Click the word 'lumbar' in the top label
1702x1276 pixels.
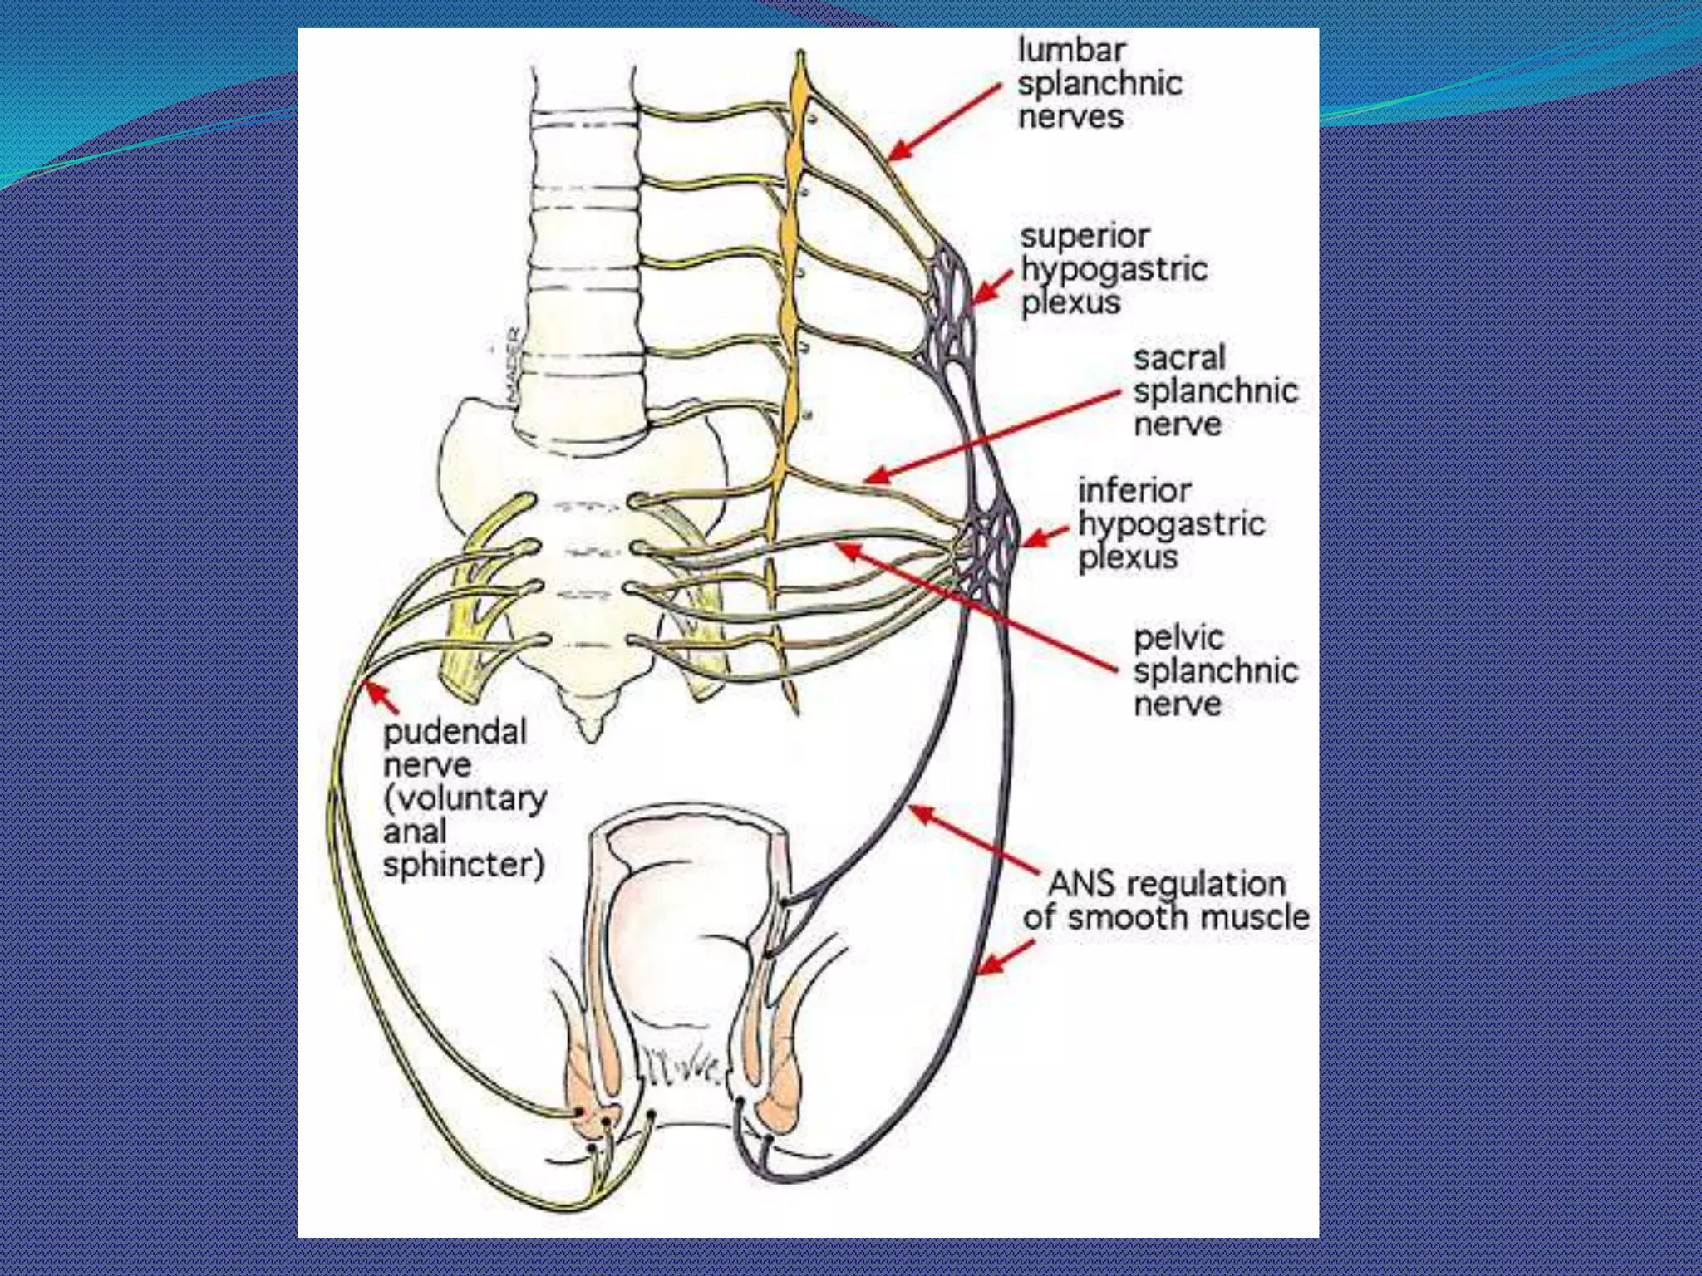pyautogui.click(x=1071, y=50)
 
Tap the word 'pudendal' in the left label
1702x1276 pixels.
pyautogui.click(x=455, y=732)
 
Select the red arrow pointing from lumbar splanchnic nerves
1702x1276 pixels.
pyautogui.click(x=943, y=121)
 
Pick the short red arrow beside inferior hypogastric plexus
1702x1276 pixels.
pyautogui.click(x=1044, y=537)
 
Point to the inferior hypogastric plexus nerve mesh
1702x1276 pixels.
pyautogui.click(x=994, y=544)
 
